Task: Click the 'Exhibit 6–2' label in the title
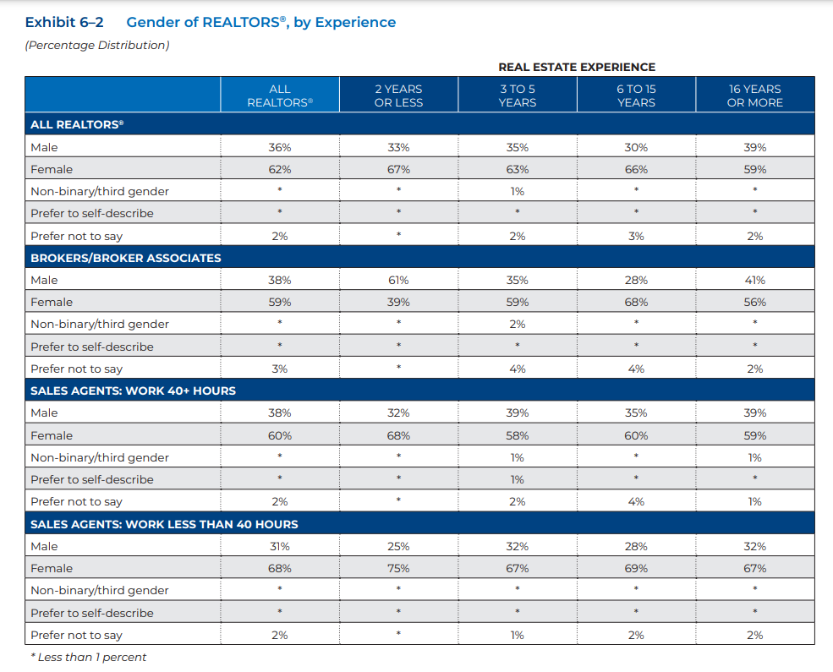[64, 22]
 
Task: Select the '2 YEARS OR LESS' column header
[398, 96]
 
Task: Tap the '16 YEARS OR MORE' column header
[755, 96]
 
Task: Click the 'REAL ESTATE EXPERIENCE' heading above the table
[577, 67]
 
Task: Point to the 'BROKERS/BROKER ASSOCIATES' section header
[126, 258]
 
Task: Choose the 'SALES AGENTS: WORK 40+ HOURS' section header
[133, 391]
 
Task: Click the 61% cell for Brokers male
[398, 281]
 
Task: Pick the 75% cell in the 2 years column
[398, 569]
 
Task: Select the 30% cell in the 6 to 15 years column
[636, 148]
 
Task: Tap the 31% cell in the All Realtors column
[279, 546]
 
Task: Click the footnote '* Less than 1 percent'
[88, 657]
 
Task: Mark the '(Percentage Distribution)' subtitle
[97, 45]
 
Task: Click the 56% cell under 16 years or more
[755, 302]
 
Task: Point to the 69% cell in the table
[636, 569]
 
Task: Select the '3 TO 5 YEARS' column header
[518, 96]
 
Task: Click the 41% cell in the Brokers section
[755, 281]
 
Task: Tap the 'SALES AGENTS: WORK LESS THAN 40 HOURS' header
[164, 524]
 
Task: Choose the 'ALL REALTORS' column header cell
[280, 96]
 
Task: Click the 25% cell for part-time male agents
[398, 546]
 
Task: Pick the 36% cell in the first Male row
[279, 148]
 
